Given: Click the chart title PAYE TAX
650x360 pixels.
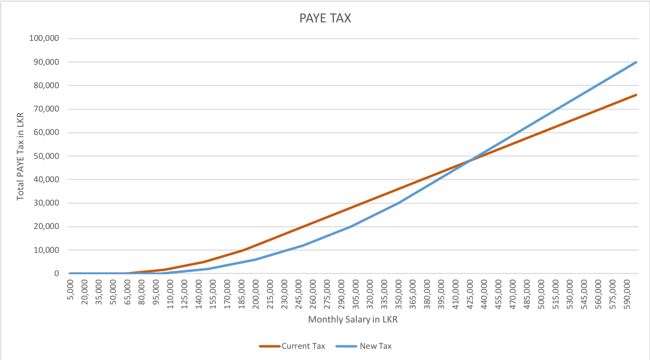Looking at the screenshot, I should (x=325, y=19).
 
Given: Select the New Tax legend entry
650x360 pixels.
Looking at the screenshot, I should (x=375, y=346).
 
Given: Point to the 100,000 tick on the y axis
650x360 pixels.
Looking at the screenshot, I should (x=45, y=38).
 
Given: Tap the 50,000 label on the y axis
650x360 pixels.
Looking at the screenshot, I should (x=47, y=156).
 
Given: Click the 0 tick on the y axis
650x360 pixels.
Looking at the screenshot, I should (x=56, y=274).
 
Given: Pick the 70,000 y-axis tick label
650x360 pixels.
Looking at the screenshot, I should (x=47, y=109).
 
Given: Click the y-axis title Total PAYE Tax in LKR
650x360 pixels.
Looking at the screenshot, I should (x=20, y=156).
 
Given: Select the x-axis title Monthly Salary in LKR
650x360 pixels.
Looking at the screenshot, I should (x=356, y=320).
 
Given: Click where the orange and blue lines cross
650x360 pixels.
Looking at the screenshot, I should (x=470, y=160).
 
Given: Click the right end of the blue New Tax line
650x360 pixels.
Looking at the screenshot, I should (x=636, y=62).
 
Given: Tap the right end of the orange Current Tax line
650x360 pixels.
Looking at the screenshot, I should (x=636, y=95).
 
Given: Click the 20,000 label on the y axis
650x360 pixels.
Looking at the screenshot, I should (x=47, y=227).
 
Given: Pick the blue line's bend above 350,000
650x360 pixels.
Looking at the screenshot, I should (x=399, y=203).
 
